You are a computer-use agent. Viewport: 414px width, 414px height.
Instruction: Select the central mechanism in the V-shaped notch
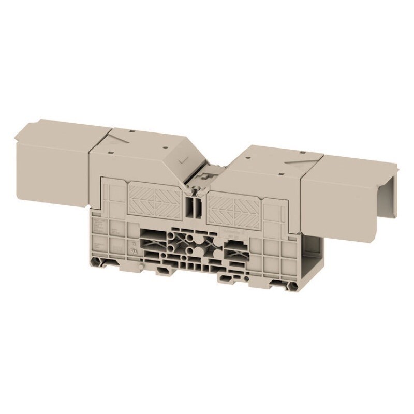point(205,176)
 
